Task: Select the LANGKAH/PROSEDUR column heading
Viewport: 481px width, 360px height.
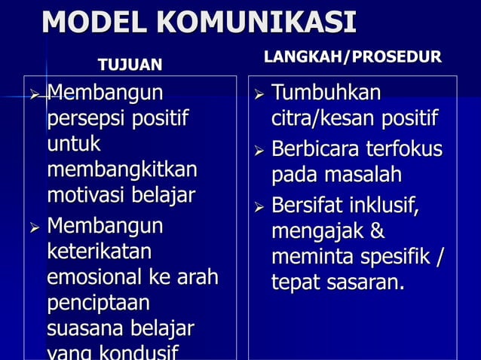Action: tap(353, 57)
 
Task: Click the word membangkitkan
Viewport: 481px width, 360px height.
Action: tap(121, 169)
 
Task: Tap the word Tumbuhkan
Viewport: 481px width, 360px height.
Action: tap(326, 93)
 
